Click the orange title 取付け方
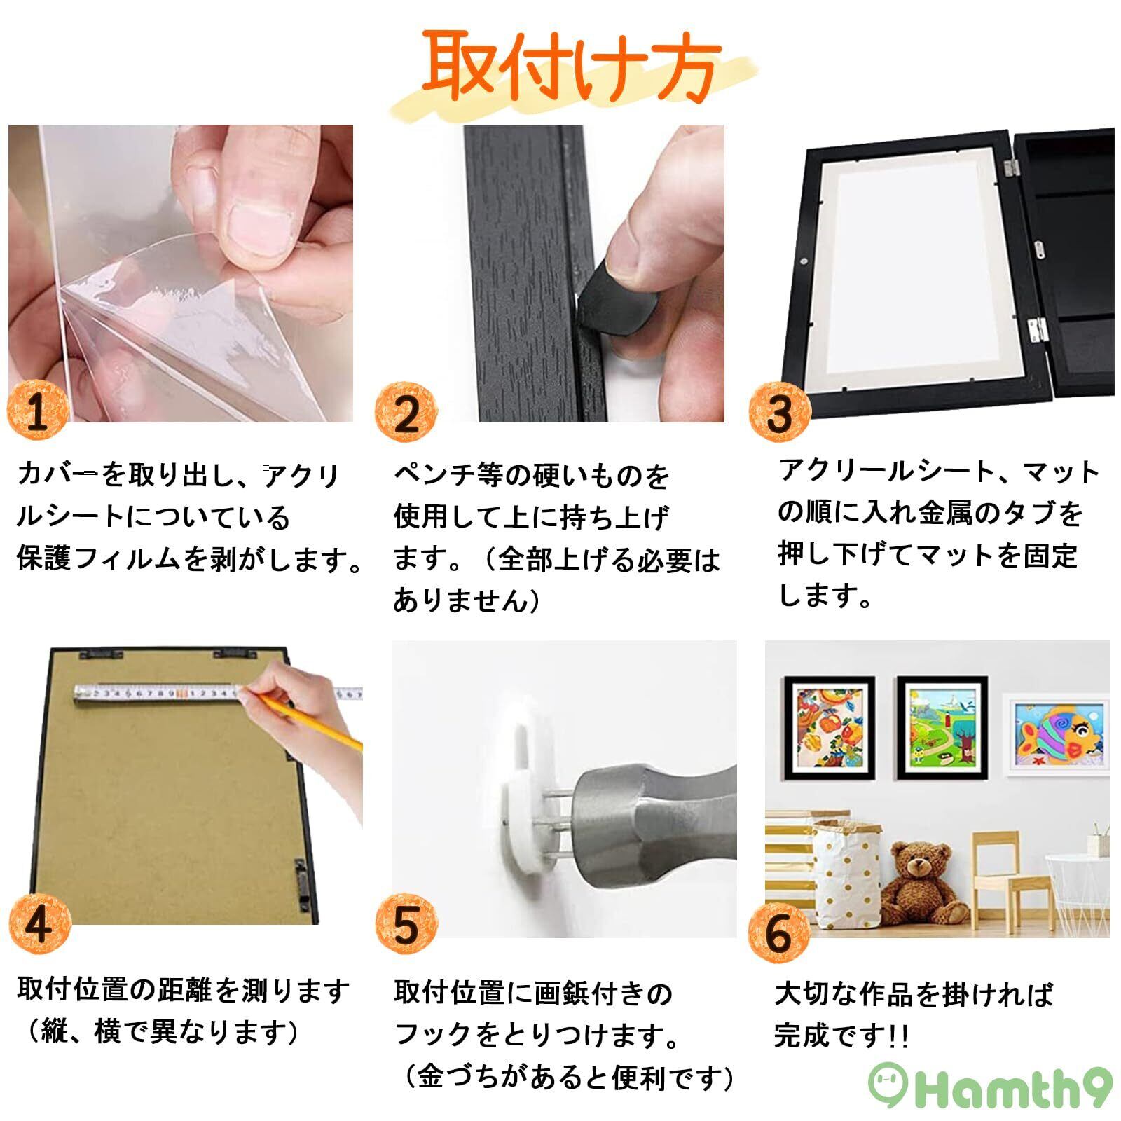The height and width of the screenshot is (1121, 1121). pos(571,69)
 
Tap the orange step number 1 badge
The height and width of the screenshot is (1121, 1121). pos(38,411)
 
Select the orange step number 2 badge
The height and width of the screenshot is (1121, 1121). pos(406,413)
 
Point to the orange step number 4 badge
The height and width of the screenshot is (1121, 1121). pos(39,924)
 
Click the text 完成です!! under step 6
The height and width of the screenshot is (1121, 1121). pos(841,1036)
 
